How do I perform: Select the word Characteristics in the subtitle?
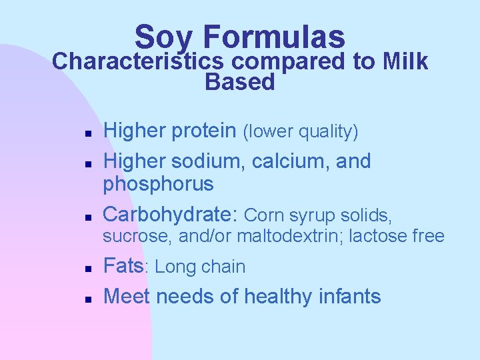pos(137,61)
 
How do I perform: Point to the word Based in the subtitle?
pos(240,83)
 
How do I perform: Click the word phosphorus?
pos(158,184)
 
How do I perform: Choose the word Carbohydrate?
pos(170,215)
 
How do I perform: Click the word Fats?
pos(124,267)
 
